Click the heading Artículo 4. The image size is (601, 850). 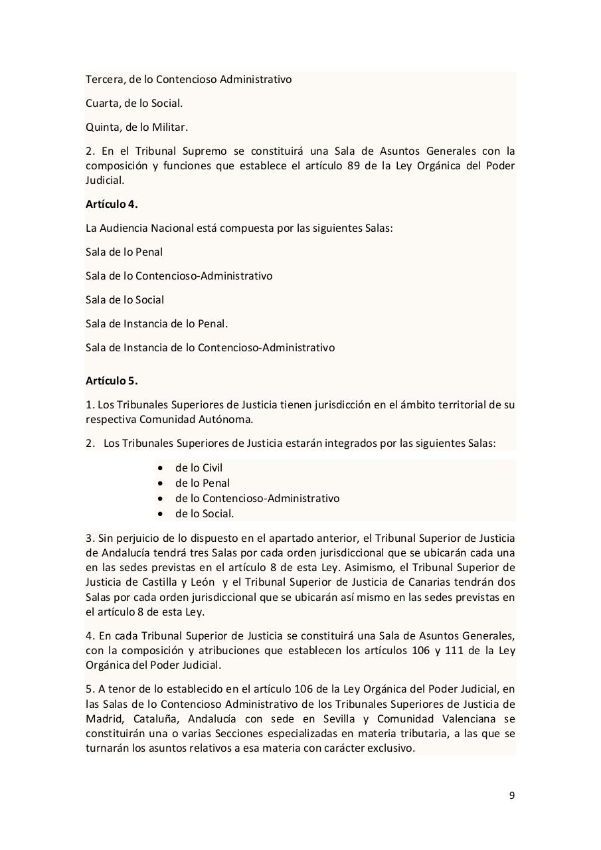[112, 204]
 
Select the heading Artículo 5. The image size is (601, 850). [112, 381]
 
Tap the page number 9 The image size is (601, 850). [511, 796]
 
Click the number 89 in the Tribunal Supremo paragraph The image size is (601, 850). [354, 165]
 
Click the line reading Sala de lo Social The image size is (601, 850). [125, 299]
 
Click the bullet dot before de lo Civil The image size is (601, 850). [160, 467]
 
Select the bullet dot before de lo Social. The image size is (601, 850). [160, 513]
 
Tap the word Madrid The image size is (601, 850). [103, 719]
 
